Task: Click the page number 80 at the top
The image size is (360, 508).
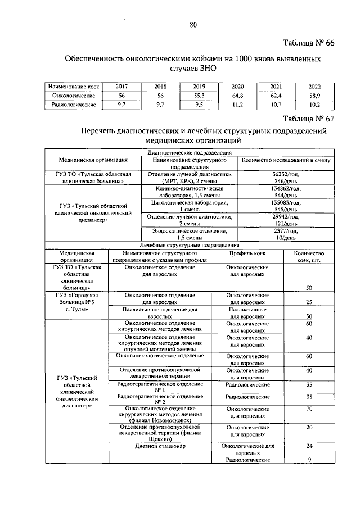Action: tap(193, 24)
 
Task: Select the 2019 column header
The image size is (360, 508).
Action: tap(199, 87)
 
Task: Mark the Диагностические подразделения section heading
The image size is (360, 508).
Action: tap(190, 152)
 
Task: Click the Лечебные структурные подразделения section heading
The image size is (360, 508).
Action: tap(190, 245)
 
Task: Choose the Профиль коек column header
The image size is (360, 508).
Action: tap(247, 253)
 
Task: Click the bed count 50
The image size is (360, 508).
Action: tap(309, 288)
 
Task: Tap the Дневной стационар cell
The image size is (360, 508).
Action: tap(160, 446)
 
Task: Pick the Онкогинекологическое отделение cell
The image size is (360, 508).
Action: tap(160, 356)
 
